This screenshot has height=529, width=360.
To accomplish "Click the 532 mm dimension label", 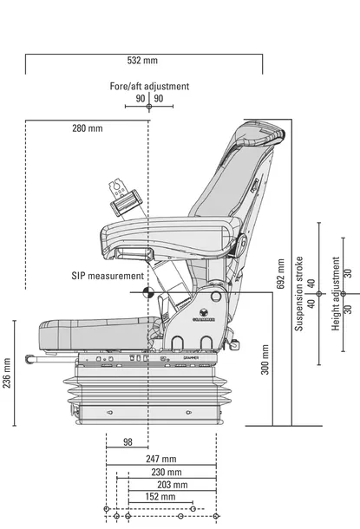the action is (x=142, y=61).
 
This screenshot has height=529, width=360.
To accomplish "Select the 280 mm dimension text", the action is (x=87, y=128).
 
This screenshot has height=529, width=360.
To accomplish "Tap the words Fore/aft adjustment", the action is (x=149, y=86).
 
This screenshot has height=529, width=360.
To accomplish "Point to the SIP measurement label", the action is (x=108, y=276).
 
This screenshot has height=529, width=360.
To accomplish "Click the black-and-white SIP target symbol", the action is (x=148, y=292).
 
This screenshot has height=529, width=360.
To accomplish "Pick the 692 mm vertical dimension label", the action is (x=281, y=274).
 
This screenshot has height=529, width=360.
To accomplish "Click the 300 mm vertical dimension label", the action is (x=265, y=359).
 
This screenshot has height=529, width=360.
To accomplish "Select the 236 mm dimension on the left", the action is (x=7, y=373).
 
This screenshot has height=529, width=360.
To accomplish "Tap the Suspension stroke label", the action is (x=299, y=293).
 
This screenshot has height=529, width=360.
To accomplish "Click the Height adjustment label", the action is (x=336, y=293).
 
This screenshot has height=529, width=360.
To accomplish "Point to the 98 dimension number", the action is (x=128, y=442).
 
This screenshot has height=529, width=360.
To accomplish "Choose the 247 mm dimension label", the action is (x=161, y=459).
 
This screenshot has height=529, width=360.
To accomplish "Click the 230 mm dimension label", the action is (x=167, y=472).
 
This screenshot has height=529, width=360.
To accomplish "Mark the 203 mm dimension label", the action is (x=172, y=485).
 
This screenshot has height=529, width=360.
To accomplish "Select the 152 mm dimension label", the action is (x=160, y=497).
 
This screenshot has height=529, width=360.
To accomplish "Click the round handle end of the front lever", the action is (x=29, y=359).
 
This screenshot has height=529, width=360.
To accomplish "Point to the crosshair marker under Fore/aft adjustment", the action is (x=149, y=107).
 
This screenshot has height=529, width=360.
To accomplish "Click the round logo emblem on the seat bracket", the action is (x=204, y=311).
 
